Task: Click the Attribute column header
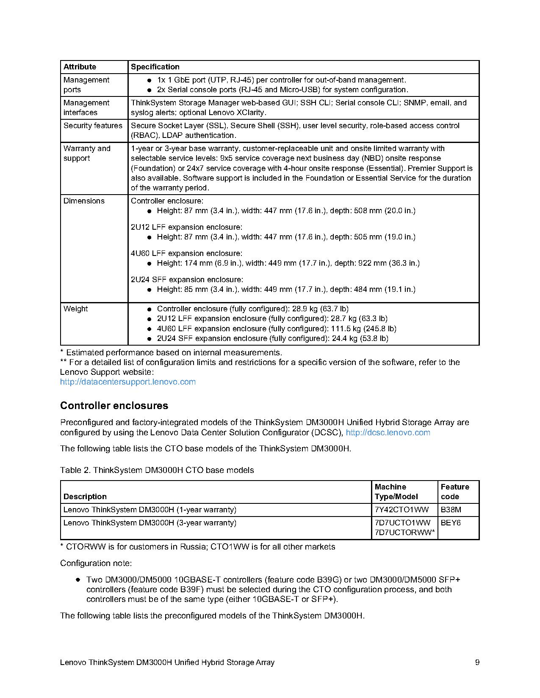(80, 67)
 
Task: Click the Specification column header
(155, 67)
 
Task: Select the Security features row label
(93, 126)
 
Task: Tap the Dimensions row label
(84, 201)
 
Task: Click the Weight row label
(76, 309)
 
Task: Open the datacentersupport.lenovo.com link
(128, 382)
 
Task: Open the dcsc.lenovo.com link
(388, 432)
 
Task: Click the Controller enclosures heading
(114, 406)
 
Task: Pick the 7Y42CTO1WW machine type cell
(402, 510)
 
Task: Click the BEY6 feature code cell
(451, 523)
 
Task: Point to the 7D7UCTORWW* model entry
(405, 533)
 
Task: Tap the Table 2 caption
(157, 470)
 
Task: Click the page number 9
(477, 662)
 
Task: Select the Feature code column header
(455, 492)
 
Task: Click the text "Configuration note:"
(96, 563)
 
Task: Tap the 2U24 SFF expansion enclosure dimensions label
(187, 280)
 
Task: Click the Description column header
(85, 497)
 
